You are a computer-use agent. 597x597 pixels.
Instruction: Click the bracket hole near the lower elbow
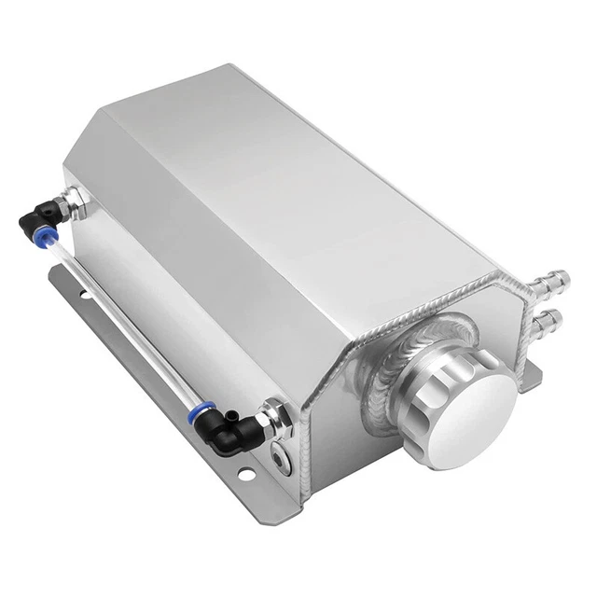(245, 476)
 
